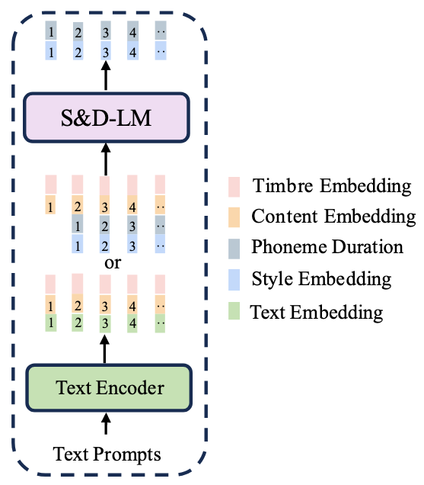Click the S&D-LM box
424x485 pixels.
tap(107, 117)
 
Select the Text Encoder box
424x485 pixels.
tap(109, 388)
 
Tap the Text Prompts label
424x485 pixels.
tap(107, 454)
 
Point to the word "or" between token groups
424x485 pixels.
tap(113, 263)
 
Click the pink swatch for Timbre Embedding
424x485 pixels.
tap(234, 187)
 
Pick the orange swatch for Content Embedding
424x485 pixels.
tap(234, 217)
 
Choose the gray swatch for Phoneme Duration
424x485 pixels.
tap(234, 249)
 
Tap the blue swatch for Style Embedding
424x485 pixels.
tap(234, 280)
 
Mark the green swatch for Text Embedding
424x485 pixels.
tap(234, 311)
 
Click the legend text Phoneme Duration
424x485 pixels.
tap(327, 247)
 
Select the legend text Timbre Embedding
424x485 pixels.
tap(332, 186)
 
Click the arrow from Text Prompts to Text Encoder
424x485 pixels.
tap(106, 423)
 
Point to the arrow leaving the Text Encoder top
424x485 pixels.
tap(105, 349)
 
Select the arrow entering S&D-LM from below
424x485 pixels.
tap(106, 159)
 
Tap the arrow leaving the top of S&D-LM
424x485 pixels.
tap(106, 75)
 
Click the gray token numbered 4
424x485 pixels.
tap(132, 31)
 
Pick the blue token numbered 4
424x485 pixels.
tap(132, 51)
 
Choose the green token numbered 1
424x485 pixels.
tap(51, 323)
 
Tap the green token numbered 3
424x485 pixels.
tap(105, 323)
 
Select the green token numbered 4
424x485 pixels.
tap(132, 323)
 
